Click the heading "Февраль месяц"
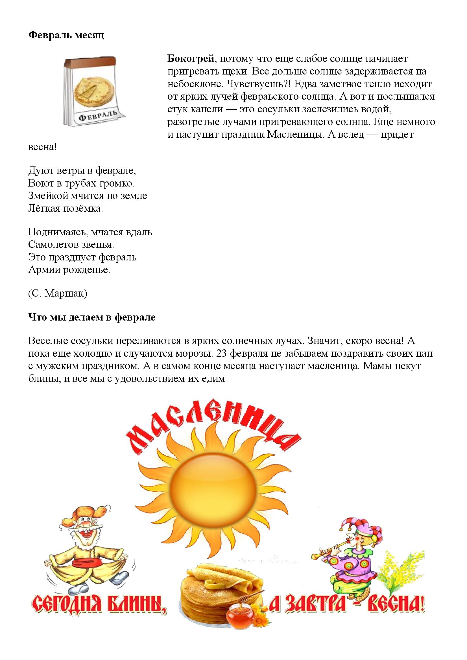pos(66,35)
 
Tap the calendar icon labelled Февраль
pos(94,91)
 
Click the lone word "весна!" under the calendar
pos(42,147)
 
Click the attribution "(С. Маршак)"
pos(58,293)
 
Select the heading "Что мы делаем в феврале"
pos(92,317)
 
